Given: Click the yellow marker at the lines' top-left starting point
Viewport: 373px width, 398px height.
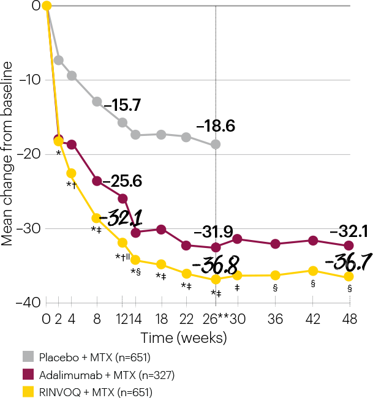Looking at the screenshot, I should pos(47,6).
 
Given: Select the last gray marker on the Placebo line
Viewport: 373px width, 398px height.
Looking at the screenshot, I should pos(216,145).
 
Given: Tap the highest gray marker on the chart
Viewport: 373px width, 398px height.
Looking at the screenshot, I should pos(59,60).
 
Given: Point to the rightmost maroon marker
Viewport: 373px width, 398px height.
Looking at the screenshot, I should pos(349,245).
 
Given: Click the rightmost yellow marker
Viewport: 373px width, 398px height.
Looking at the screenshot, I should pos(349,277).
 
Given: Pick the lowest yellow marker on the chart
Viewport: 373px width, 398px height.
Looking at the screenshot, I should pos(216,279).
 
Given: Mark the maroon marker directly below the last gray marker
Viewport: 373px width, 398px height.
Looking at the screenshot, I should pos(216,247).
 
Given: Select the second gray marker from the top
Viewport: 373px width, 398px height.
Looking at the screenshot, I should pos(72,75).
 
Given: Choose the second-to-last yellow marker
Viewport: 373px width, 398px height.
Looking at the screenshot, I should pos(313,271).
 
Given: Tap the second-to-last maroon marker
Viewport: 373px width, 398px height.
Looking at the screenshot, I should pos(313,241).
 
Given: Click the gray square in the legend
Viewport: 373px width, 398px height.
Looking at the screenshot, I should pos(28,357).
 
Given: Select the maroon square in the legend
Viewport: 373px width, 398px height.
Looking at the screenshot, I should pos(28,374).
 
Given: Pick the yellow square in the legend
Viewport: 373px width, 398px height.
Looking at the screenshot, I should pos(28,391).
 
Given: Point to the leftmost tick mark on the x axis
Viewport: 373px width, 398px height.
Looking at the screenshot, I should pos(47,301).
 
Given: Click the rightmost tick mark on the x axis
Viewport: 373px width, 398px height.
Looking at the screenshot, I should pos(350,301).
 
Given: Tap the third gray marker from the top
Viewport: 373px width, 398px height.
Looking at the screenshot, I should pos(97,102).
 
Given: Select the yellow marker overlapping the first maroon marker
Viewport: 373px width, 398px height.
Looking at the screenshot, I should pos(59,141).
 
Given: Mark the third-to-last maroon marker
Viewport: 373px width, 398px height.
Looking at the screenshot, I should pos(275,244).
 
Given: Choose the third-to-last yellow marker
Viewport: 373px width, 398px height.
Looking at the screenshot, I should pos(275,275).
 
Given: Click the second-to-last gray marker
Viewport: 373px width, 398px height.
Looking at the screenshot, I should pos(186,137).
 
